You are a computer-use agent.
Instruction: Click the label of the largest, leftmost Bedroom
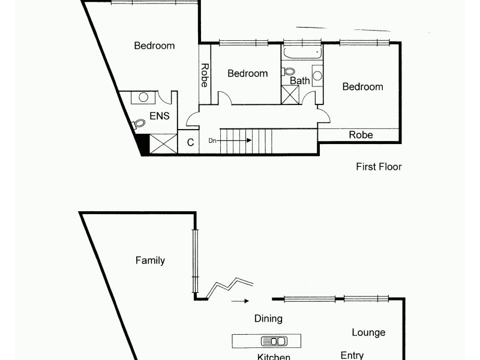tap(154, 46)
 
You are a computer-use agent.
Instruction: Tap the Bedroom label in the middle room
tap(247, 73)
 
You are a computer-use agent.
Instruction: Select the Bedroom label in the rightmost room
tap(362, 87)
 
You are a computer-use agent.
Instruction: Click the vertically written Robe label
tap(205, 76)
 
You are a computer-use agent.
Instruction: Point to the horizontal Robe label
tap(361, 135)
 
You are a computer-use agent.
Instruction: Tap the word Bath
tap(299, 80)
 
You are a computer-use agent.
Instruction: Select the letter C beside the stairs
tap(190, 143)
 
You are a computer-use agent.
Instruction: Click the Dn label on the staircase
tap(212, 140)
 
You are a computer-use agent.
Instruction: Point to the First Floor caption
tap(379, 167)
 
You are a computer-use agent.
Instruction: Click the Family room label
tap(150, 260)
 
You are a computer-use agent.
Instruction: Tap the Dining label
tap(268, 319)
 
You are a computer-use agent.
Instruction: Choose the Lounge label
tap(368, 332)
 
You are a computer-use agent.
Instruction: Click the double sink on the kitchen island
tap(274, 341)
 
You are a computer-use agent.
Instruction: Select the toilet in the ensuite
tap(139, 124)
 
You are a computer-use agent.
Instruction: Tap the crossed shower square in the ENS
tap(163, 144)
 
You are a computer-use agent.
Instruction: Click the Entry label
tap(352, 355)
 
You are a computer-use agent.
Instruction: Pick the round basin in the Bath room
tap(317, 76)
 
